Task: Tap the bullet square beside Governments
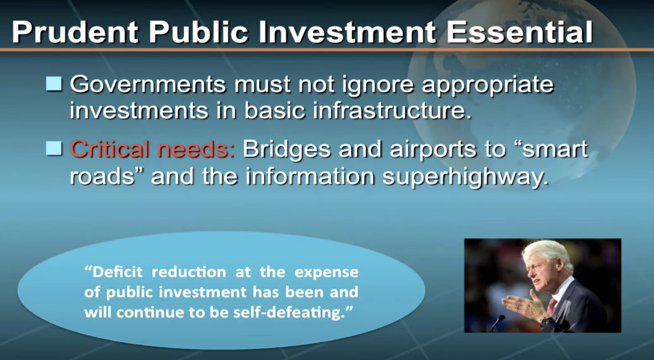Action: [54, 84]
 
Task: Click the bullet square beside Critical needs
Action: [54, 149]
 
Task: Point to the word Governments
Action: [148, 84]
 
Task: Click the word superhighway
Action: [466, 177]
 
